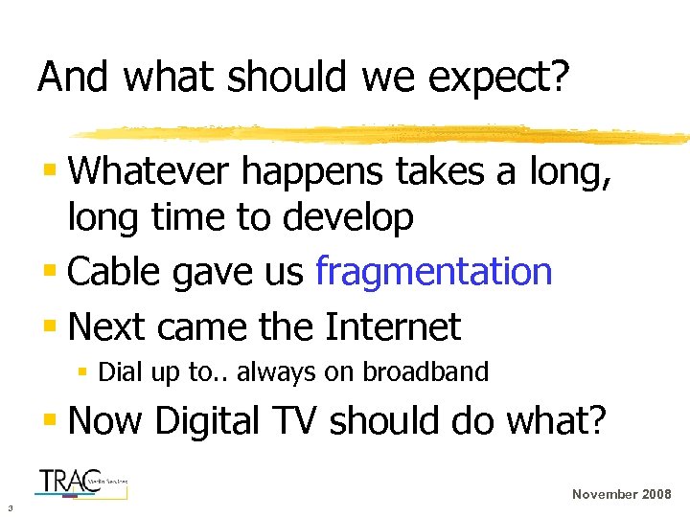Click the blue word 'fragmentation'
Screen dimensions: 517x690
coord(433,273)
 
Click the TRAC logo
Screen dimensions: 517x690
coord(80,482)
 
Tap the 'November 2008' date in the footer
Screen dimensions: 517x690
coord(621,494)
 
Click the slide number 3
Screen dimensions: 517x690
coord(9,507)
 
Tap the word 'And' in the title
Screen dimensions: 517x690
coord(71,78)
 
